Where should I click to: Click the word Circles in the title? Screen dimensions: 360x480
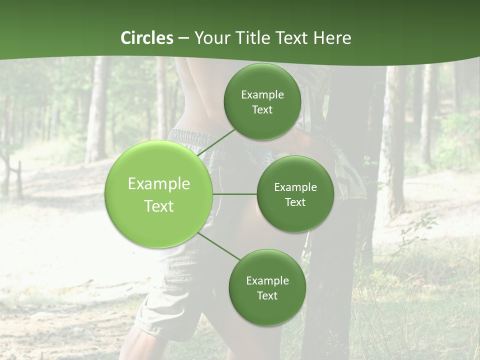click(147, 37)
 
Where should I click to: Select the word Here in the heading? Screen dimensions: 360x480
click(332, 37)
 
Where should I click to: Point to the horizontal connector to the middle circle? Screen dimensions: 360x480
click(235, 194)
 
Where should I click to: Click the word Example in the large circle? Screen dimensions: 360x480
click(159, 184)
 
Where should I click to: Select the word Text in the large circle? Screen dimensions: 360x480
click(159, 206)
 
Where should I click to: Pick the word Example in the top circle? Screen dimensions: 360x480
click(262, 95)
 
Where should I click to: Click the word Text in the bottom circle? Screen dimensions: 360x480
click(267, 295)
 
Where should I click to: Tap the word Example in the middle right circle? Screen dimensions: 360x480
click(295, 187)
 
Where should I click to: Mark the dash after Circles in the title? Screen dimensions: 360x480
click(183, 38)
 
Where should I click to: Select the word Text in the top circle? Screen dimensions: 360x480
click(262, 110)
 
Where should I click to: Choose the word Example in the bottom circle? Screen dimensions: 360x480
click(267, 280)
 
